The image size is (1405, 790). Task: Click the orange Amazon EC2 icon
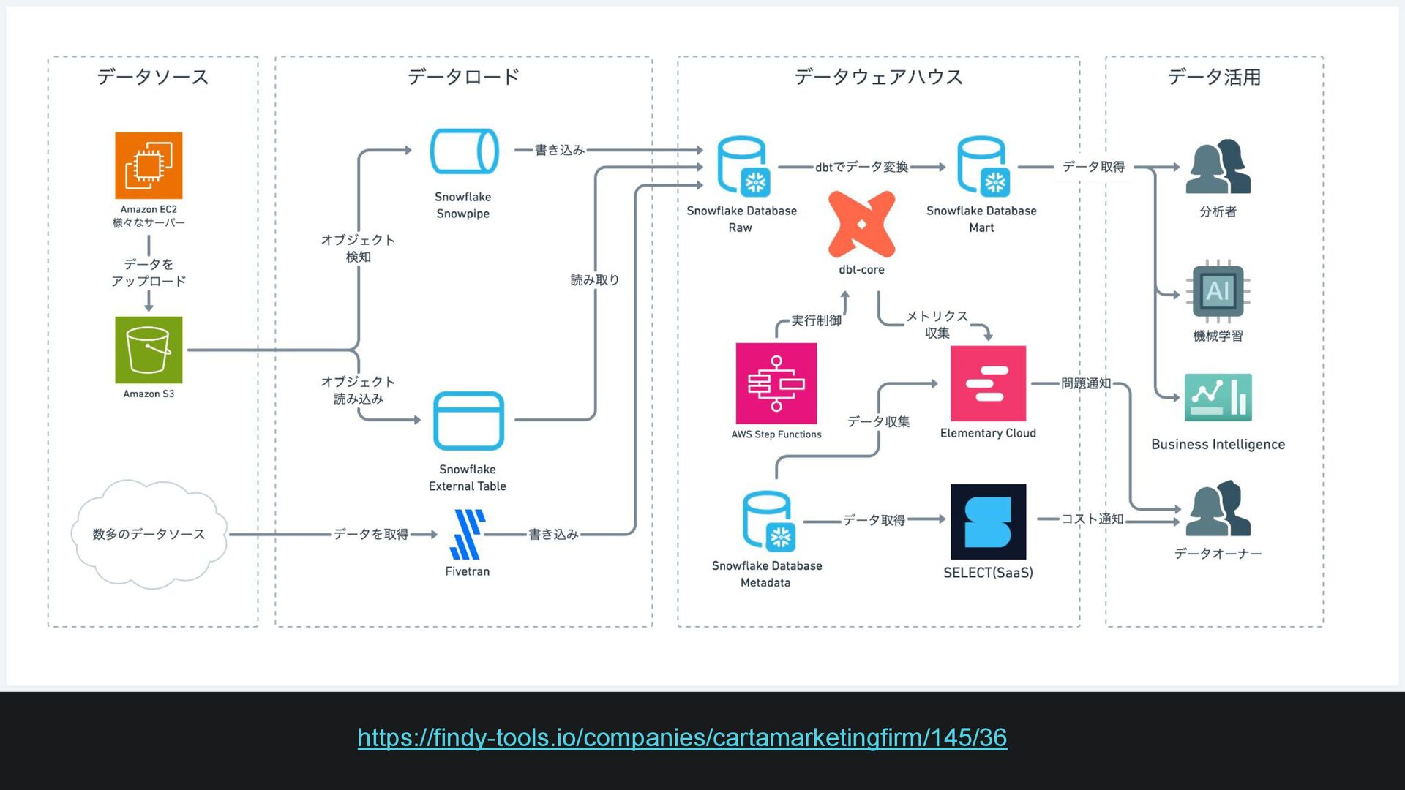[x=149, y=165]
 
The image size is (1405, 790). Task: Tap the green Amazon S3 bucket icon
[x=149, y=350]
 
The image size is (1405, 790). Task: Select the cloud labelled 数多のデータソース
[x=149, y=534]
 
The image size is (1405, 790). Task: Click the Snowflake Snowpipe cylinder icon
[x=464, y=151]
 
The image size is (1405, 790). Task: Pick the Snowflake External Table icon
[x=468, y=421]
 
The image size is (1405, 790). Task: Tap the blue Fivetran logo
[x=468, y=535]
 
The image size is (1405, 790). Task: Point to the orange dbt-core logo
[x=861, y=224]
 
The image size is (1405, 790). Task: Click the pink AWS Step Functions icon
[x=776, y=383]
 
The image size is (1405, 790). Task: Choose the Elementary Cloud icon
[x=988, y=383]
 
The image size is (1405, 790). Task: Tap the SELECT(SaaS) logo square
[x=988, y=522]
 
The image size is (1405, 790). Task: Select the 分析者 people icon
[x=1218, y=168]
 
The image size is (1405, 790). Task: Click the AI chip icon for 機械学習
[x=1218, y=291]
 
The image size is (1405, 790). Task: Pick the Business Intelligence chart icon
[x=1218, y=397]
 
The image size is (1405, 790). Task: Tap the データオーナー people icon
[x=1218, y=509]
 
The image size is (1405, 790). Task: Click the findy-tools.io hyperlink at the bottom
[x=682, y=737]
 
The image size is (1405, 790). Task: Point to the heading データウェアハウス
[x=878, y=77]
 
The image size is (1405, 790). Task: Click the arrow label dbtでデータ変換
[x=861, y=167]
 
